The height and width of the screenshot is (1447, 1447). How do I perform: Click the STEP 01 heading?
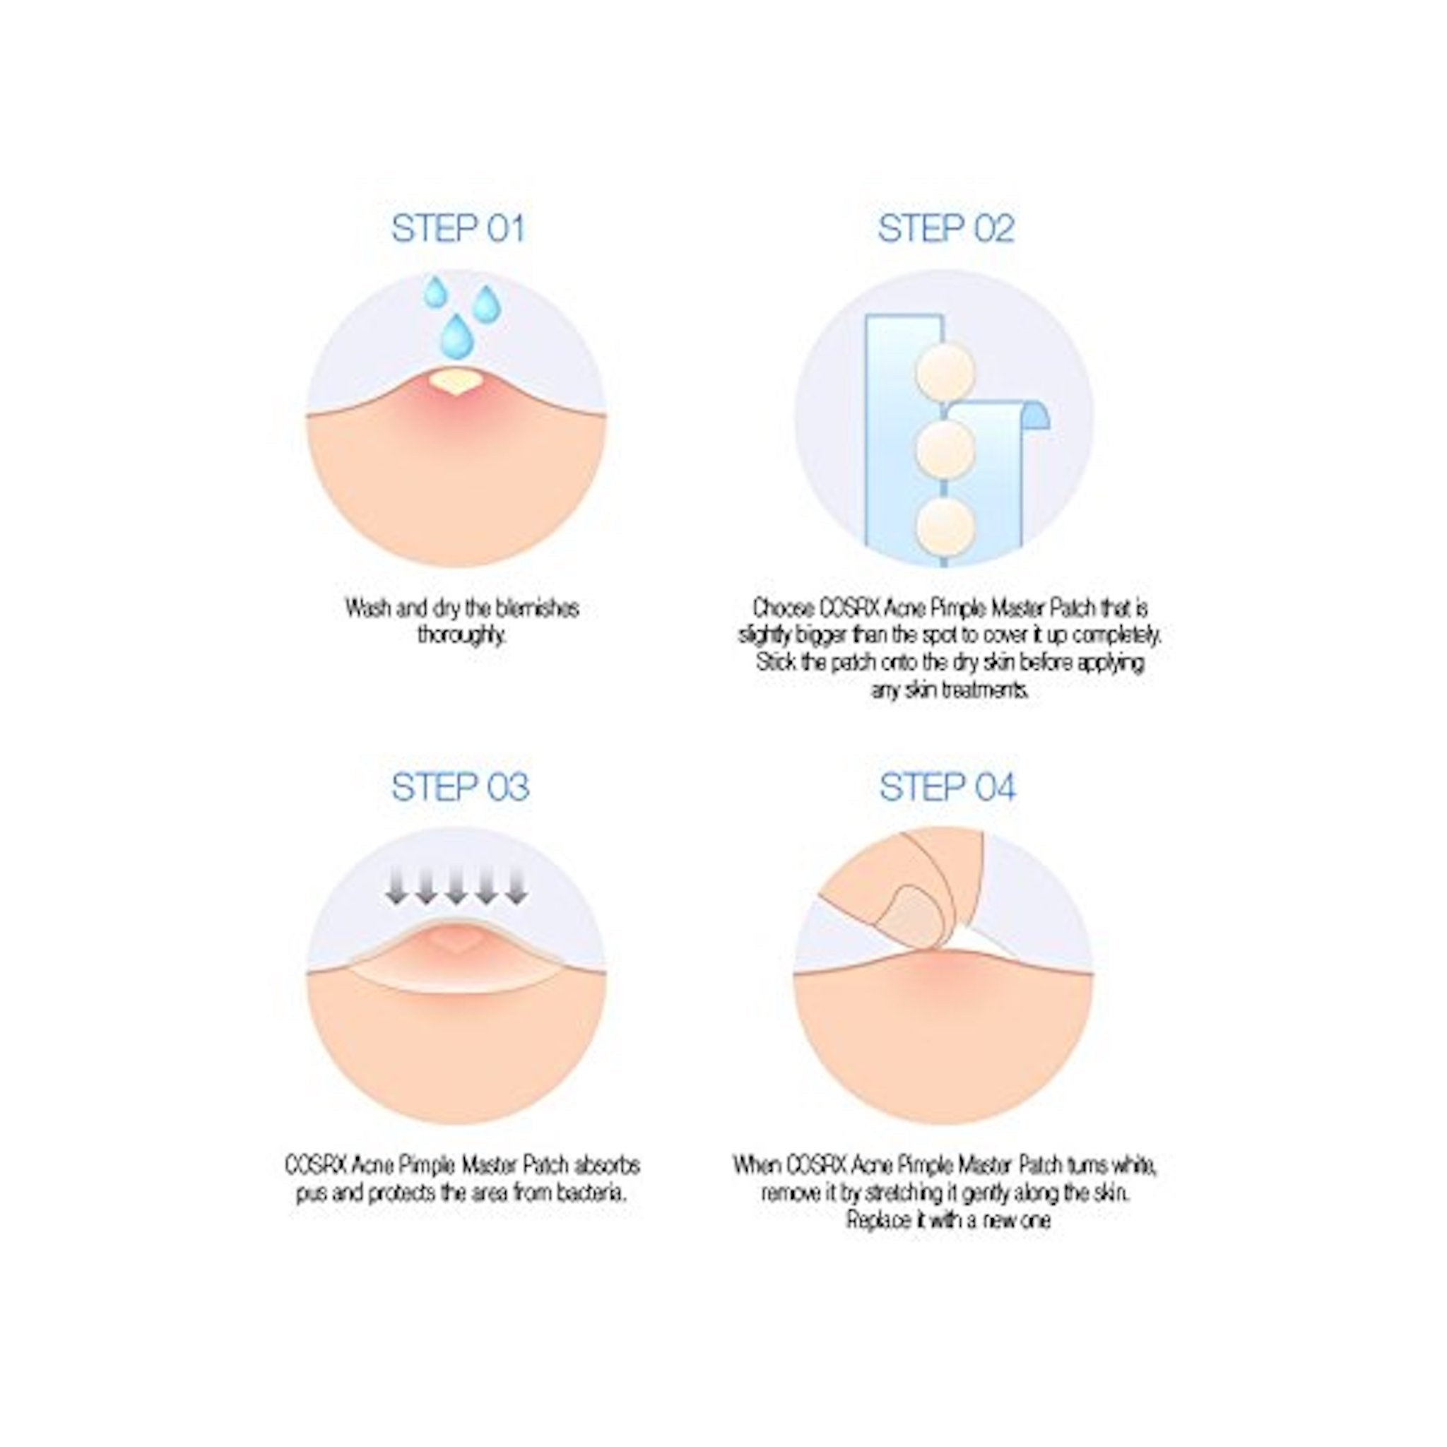click(x=458, y=228)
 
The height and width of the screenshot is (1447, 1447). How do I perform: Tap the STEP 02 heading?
click(x=945, y=228)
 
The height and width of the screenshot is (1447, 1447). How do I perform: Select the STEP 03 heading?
click(x=460, y=787)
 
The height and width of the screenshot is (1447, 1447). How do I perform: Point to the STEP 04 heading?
click(x=947, y=787)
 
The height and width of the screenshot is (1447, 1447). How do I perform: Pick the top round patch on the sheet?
click(x=945, y=372)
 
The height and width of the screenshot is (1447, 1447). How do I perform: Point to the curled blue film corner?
click(x=1036, y=414)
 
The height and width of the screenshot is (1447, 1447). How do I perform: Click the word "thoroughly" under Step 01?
click(x=461, y=635)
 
